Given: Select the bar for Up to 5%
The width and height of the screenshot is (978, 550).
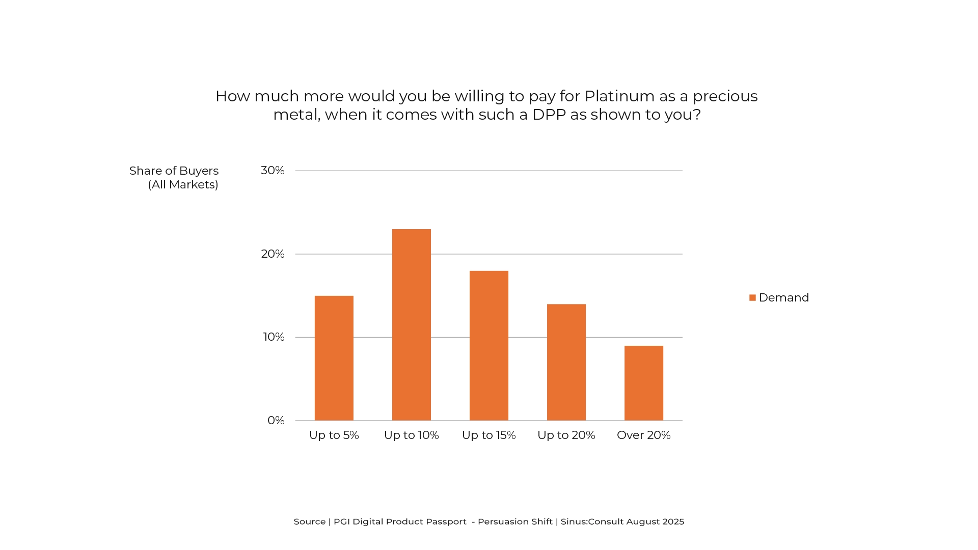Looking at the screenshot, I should tap(334, 358).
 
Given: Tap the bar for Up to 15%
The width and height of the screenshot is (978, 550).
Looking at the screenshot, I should tap(488, 346).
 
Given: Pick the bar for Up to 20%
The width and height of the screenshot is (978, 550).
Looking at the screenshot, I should tap(566, 362).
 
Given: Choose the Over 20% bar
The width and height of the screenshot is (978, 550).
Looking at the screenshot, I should tap(643, 383).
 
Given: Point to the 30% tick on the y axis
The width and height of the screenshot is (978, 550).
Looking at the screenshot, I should tap(273, 171).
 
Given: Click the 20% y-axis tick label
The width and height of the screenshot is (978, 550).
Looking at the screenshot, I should tap(273, 254).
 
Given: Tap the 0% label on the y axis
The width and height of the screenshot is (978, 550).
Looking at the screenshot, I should tap(276, 421).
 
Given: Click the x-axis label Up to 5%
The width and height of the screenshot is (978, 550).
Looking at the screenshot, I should tap(334, 435).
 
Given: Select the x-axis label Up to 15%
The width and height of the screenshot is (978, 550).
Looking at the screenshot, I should tap(488, 435).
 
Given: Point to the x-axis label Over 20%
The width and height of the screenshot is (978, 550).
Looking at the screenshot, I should tap(643, 435).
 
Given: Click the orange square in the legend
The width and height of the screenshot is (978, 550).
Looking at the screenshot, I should tap(752, 298).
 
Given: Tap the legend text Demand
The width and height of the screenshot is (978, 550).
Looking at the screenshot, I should tap(783, 298).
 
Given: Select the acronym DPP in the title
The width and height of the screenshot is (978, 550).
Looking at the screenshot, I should tap(549, 115).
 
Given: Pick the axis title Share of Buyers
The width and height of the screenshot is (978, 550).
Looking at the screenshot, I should tap(174, 171).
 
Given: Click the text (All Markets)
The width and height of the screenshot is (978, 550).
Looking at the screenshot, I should tap(183, 185).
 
